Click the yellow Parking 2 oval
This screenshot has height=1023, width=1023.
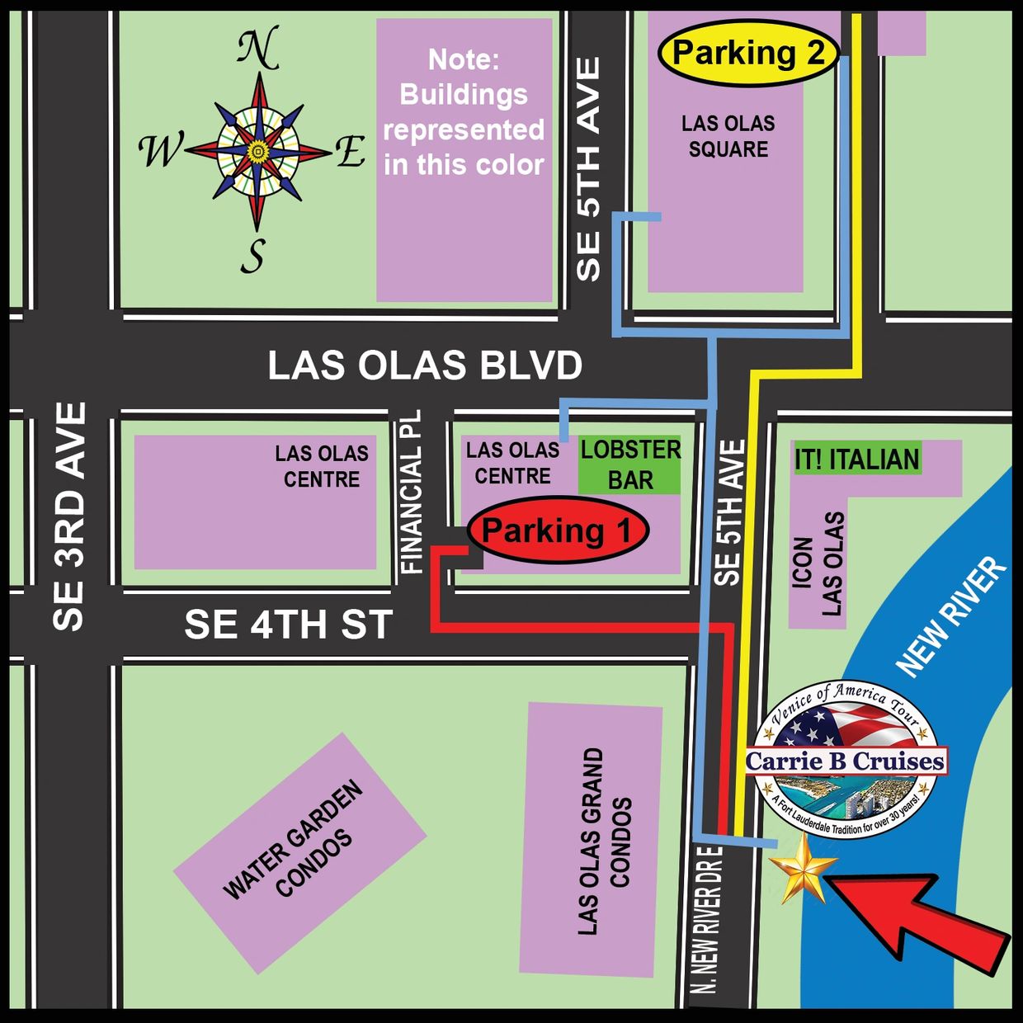tap(747, 54)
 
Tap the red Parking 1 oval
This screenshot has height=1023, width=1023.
tap(558, 530)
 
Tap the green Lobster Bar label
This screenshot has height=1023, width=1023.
tap(629, 465)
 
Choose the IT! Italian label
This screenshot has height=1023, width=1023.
tap(856, 460)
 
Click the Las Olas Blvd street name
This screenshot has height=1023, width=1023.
tap(425, 365)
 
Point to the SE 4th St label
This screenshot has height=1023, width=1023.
tap(288, 625)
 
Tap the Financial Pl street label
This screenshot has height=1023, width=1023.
tap(411, 493)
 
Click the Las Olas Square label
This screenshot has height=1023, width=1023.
tap(728, 136)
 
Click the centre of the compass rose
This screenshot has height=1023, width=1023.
tap(258, 152)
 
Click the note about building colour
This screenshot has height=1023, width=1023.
tap(464, 112)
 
